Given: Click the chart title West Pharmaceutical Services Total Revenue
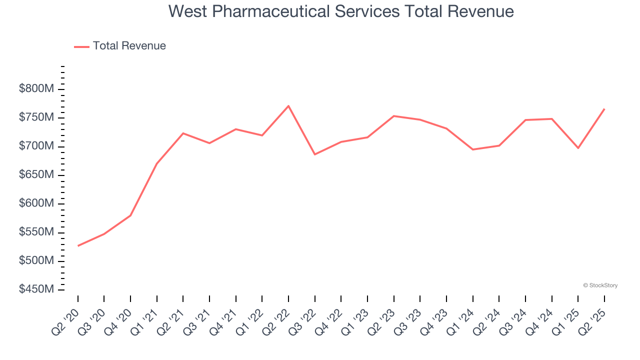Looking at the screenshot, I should [341, 11].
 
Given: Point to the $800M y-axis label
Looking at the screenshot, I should [36, 89].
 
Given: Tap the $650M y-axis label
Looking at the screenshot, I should [36, 175].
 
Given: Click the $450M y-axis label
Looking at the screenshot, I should [36, 289].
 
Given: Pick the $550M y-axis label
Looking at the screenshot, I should [36, 232].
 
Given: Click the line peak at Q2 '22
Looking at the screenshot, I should [288, 105].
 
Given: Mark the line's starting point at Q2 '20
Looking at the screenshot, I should [78, 246].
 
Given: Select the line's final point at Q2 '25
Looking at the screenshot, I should [604, 108].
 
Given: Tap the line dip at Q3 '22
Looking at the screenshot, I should [315, 154].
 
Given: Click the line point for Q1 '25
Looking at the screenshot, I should [578, 148].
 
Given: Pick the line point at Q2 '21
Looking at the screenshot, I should [183, 133].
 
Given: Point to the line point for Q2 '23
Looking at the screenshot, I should [394, 116].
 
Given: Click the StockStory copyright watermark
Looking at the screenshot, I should [600, 285].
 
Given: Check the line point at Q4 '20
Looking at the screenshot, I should [130, 215].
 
